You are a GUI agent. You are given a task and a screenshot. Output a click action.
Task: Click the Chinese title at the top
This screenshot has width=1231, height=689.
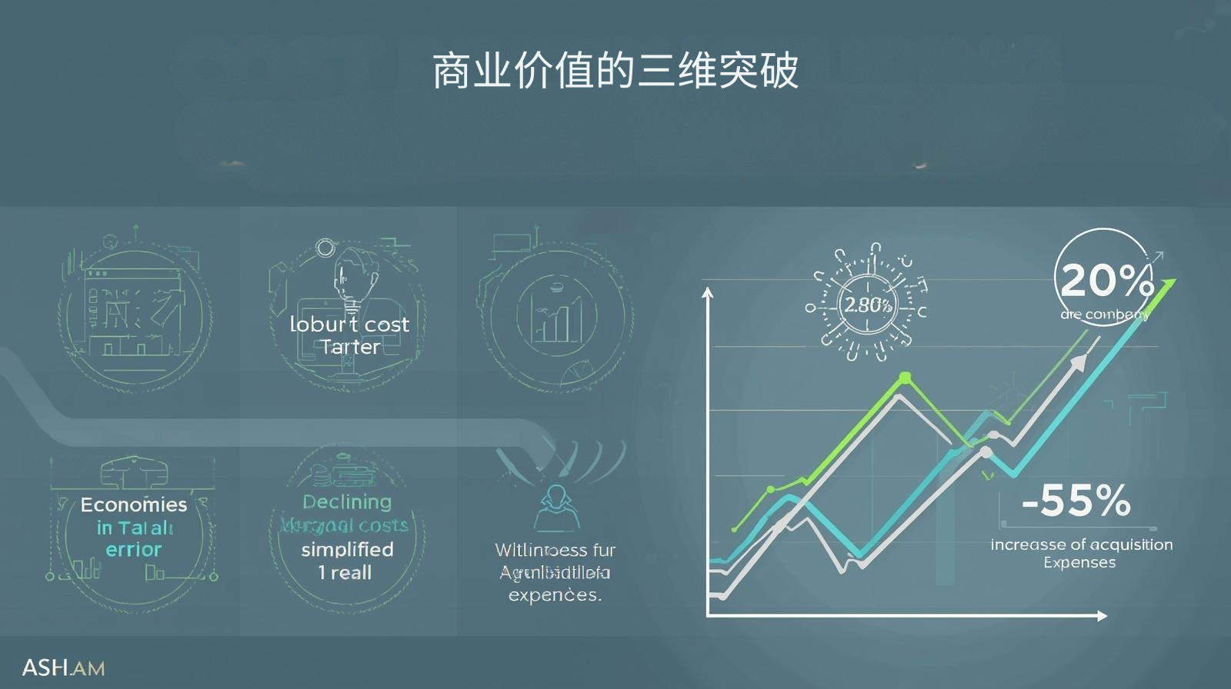[x=615, y=72]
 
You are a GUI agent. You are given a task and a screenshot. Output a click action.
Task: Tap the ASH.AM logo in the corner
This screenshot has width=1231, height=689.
[x=63, y=667]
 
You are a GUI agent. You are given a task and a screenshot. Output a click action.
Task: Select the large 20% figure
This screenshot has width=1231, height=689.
[x=1106, y=281]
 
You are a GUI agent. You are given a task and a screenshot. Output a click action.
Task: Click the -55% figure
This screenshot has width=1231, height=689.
[x=1076, y=501]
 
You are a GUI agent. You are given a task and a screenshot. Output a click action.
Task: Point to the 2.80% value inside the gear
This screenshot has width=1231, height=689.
[x=869, y=305]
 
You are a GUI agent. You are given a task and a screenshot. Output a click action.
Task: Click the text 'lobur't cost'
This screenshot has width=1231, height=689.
[x=349, y=325]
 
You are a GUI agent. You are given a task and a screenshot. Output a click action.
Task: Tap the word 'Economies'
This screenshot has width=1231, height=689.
[x=134, y=504]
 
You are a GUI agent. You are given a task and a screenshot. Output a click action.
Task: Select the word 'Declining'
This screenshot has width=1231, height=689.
[x=347, y=502]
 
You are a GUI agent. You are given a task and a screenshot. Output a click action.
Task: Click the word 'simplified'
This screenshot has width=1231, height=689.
[x=347, y=549]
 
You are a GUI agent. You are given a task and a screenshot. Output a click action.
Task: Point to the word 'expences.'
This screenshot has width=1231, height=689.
[x=555, y=594]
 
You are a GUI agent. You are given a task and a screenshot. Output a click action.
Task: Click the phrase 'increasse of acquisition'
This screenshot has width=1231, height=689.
[x=1081, y=544]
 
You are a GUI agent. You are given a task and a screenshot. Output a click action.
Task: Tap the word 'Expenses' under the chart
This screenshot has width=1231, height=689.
[x=1079, y=562]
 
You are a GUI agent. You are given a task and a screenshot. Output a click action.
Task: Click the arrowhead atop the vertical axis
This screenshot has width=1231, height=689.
[x=708, y=293]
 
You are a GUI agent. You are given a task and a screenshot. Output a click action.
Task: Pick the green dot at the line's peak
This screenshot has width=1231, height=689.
[x=905, y=377]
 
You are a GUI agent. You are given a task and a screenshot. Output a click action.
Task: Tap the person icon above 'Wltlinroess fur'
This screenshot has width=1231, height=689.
[x=555, y=508]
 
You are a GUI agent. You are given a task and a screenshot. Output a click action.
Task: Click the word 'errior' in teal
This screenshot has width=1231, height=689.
[x=134, y=549]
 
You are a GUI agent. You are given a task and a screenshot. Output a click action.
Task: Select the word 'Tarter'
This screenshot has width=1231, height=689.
[x=350, y=347]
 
